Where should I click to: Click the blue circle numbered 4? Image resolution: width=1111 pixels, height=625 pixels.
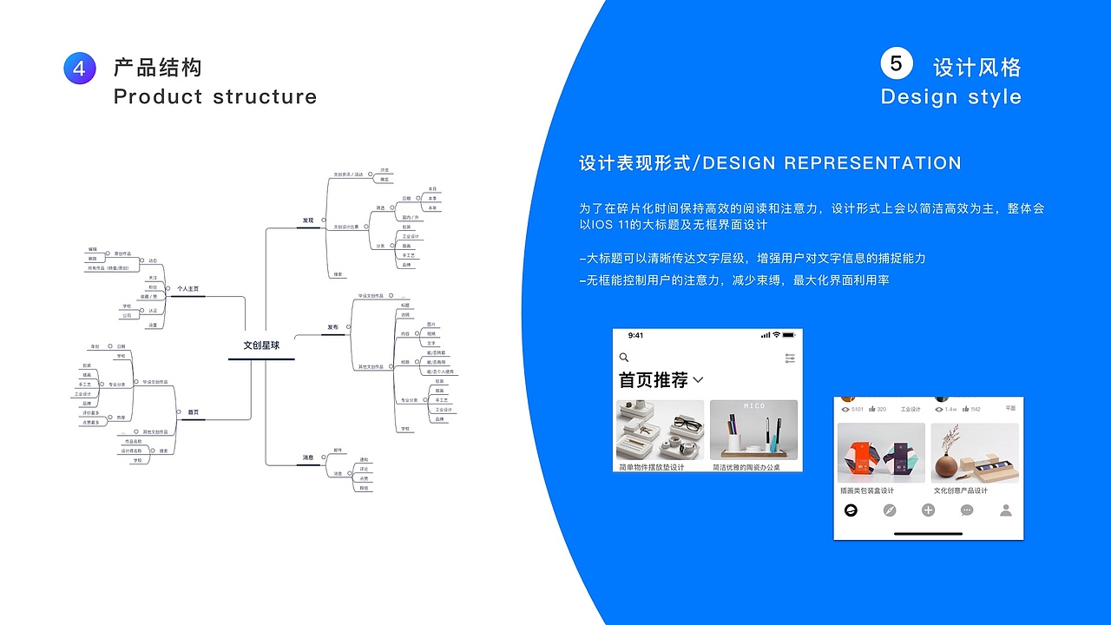coord(79,69)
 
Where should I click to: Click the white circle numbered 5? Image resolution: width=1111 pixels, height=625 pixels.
coord(896,63)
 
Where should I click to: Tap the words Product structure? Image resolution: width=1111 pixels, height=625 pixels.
coord(214,96)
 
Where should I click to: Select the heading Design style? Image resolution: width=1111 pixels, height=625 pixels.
coord(950,96)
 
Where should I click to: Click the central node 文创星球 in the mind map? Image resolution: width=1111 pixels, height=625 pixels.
coord(261,345)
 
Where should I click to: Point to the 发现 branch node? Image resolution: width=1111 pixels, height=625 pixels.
coord(308,220)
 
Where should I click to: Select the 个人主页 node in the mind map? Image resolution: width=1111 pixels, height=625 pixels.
coord(187,288)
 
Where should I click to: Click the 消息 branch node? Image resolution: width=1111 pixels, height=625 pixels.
coord(308,457)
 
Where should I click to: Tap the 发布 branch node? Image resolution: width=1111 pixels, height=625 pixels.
coord(332,327)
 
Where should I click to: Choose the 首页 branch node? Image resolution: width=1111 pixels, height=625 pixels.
coord(193,411)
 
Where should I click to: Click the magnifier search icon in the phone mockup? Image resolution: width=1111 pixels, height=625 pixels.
coord(623,358)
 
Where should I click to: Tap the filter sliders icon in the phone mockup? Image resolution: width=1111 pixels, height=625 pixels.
coord(789,358)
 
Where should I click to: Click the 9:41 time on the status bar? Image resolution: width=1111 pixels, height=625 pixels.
coord(636,335)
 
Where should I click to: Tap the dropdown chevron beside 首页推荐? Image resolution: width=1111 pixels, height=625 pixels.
coord(698,380)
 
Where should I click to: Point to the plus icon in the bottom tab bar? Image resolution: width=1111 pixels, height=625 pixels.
coord(928,510)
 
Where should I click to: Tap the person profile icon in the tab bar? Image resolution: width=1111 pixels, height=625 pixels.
coord(1005,510)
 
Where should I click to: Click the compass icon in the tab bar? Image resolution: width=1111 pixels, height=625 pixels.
coord(889,510)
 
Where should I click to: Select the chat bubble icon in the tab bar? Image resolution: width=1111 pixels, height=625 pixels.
coord(967,510)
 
